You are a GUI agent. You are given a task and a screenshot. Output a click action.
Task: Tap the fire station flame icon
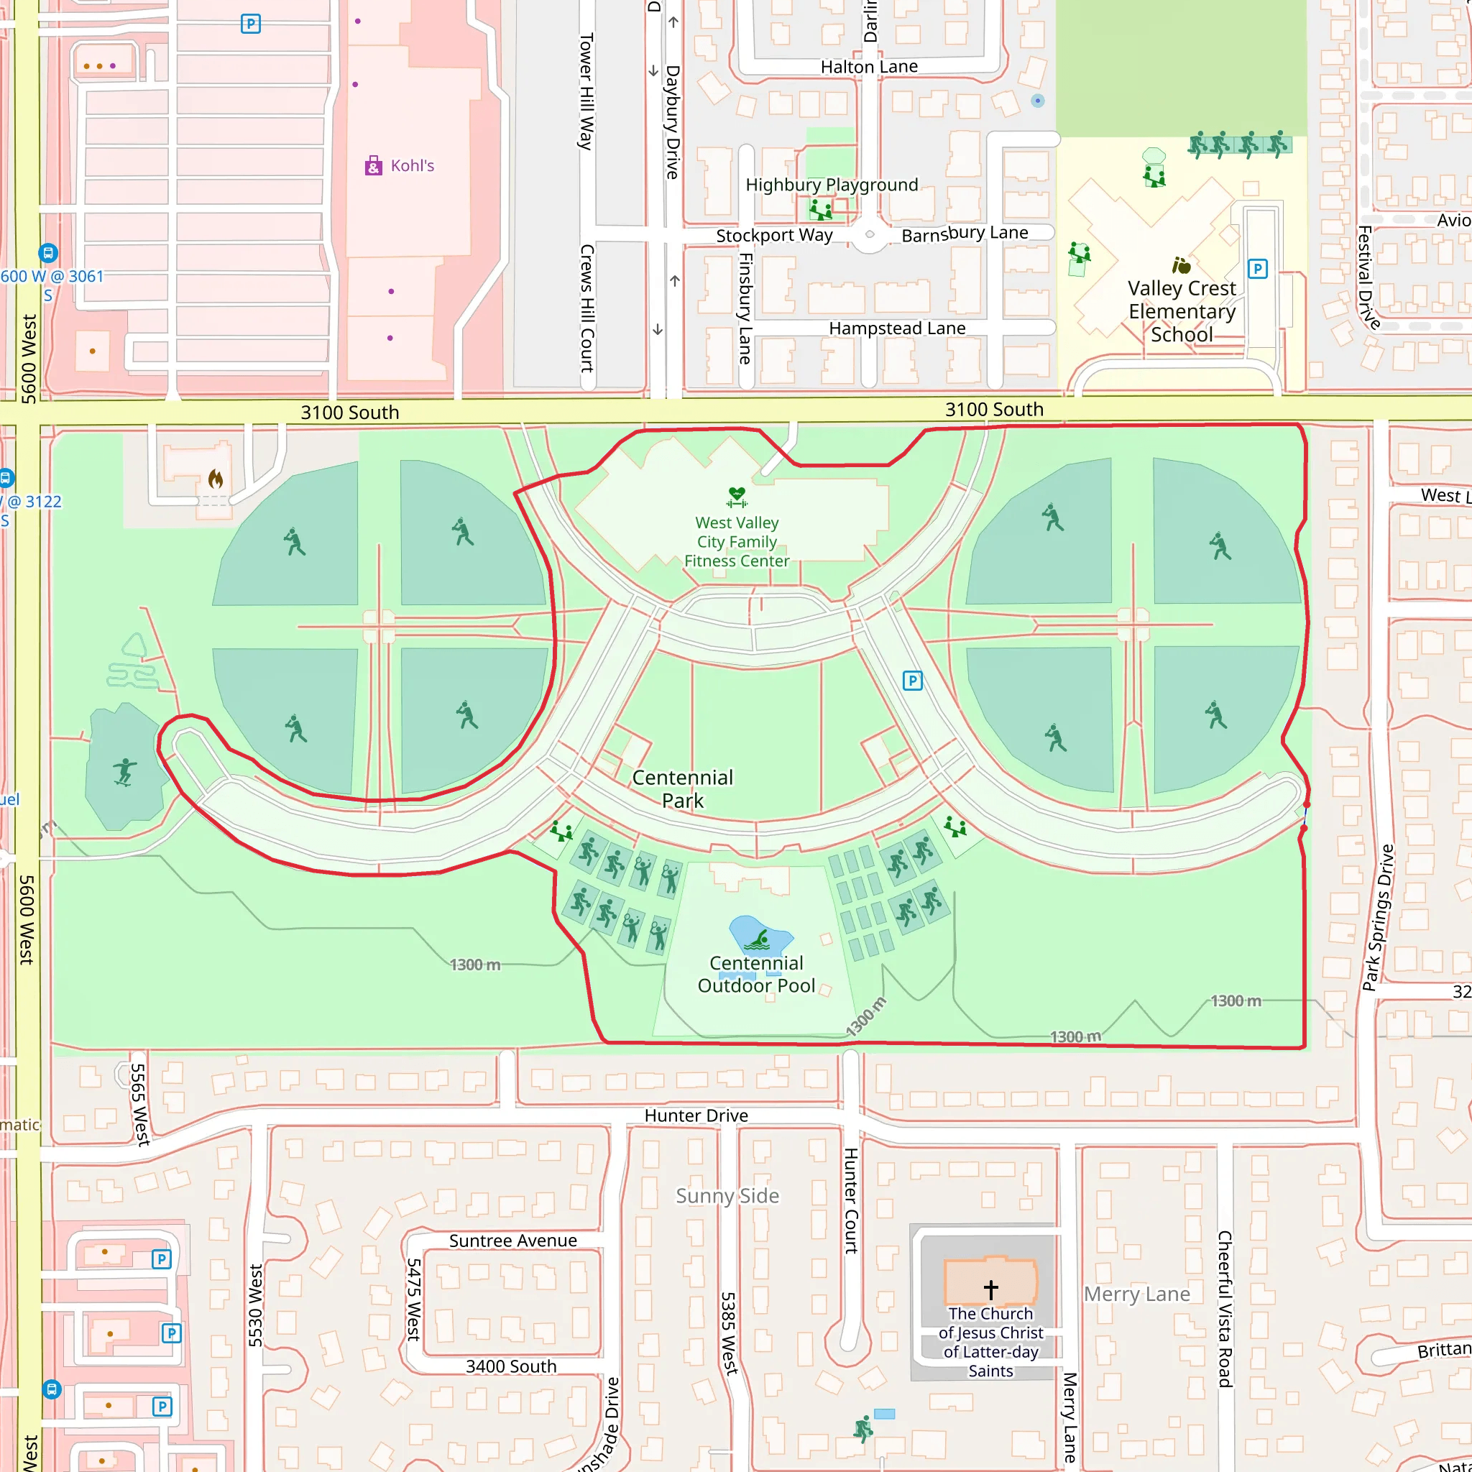pos(216,479)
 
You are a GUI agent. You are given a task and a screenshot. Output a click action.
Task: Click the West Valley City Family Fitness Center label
pos(736,542)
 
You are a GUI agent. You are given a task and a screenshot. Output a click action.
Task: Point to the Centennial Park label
pos(683,788)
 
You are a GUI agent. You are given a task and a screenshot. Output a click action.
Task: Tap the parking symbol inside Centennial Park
pos(912,681)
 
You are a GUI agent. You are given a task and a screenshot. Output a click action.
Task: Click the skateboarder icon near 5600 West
pos(124,772)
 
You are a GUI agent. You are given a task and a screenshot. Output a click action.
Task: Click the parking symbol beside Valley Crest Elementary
pos(1257,269)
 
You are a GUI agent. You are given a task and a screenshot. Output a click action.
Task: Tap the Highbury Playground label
pos(832,185)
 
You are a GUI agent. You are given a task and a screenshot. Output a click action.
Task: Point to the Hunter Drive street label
pos(696,1115)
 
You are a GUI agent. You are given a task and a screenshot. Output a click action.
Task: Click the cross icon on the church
pos(990,1289)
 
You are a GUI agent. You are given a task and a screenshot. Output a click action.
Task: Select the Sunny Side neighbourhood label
pos(727,1195)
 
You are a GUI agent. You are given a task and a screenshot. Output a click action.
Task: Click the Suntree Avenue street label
pos(512,1241)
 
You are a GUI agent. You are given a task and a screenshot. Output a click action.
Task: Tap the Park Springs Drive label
pos(1378,918)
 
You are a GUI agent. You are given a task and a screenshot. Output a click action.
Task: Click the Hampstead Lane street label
pos(897,328)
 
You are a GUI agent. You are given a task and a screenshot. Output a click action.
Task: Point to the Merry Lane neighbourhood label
pos(1136,1294)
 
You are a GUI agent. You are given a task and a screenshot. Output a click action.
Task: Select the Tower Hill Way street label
pos(586,91)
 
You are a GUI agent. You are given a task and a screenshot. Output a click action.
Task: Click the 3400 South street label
pos(510,1366)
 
